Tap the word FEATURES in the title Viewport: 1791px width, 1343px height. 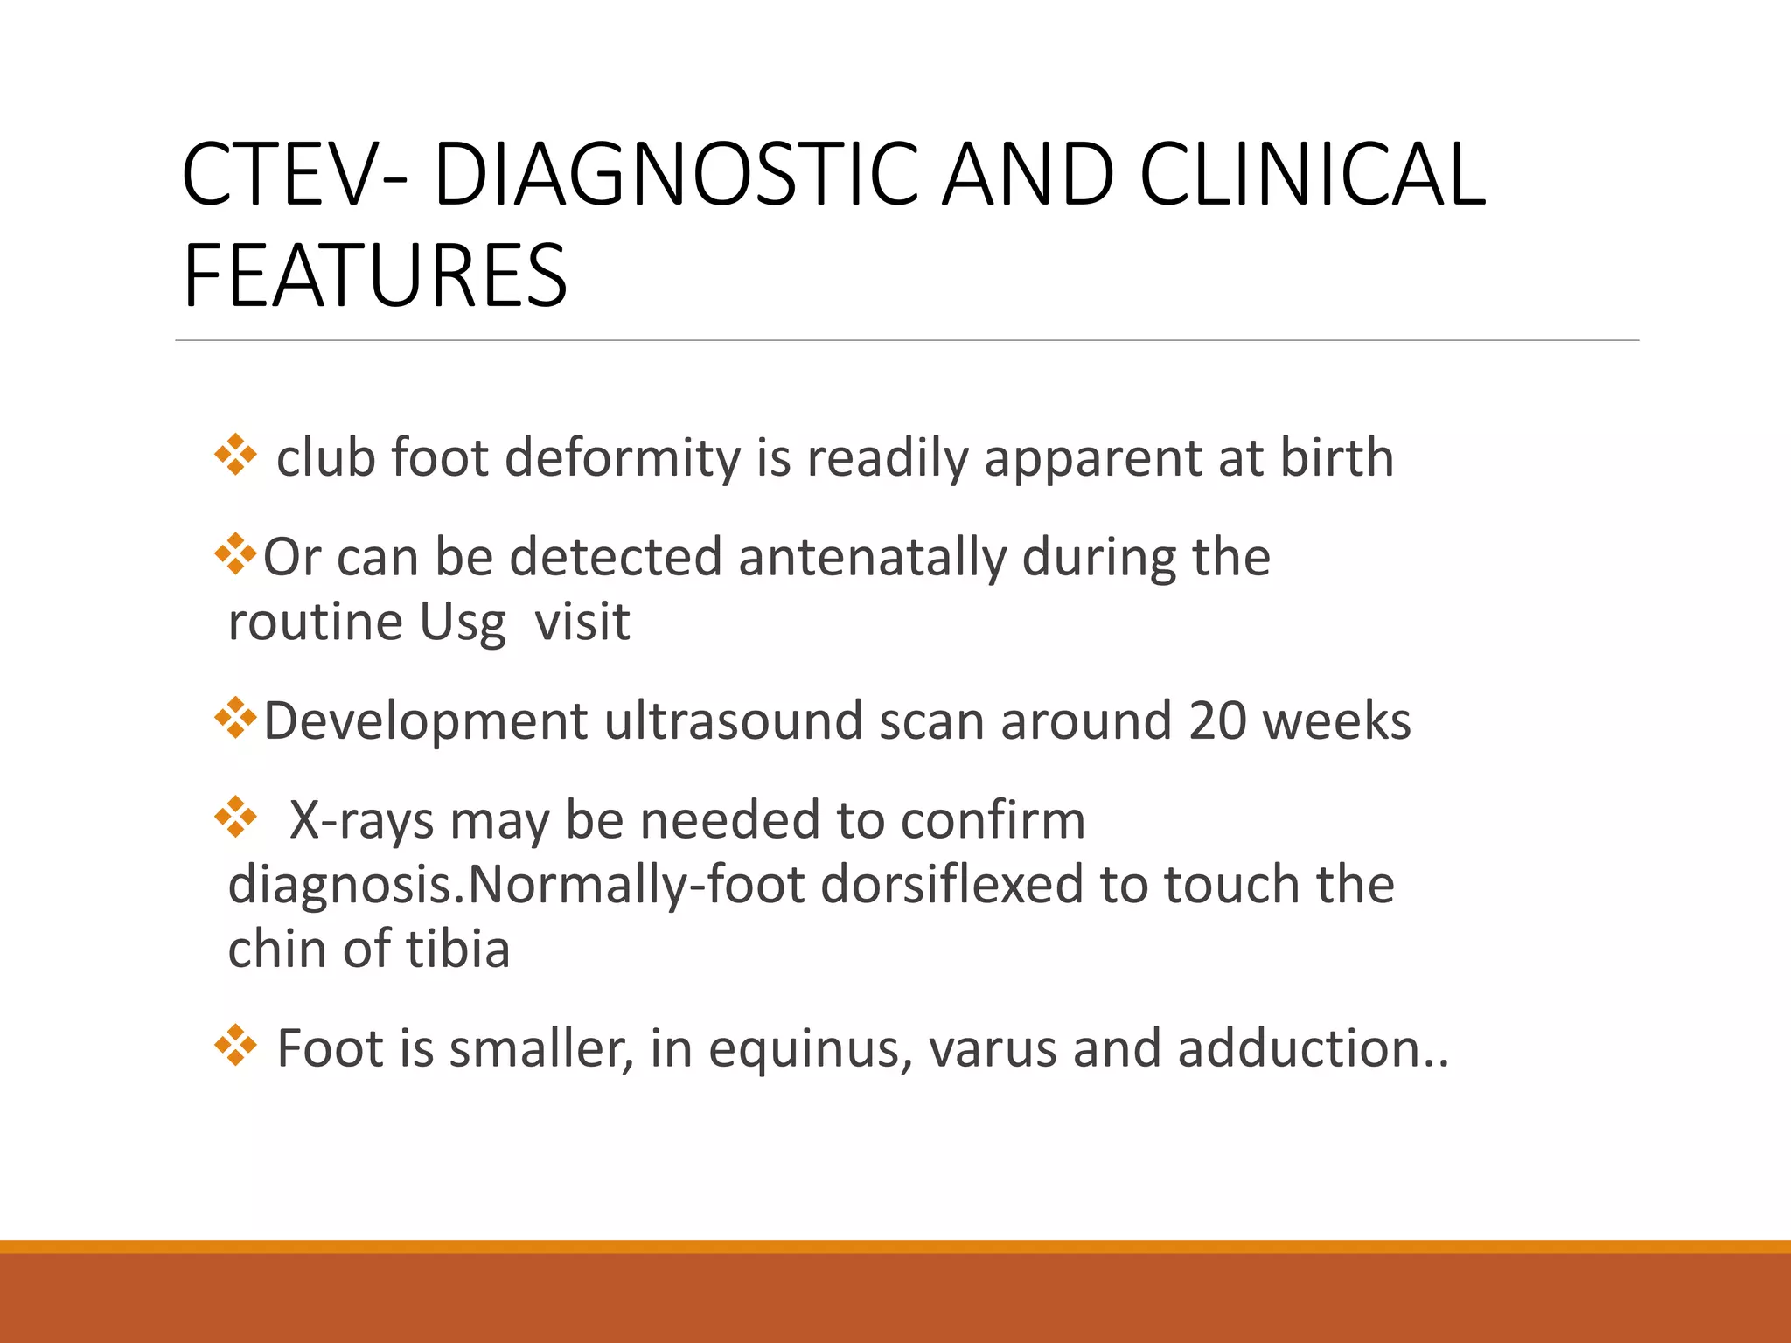375,276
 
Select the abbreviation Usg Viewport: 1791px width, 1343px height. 463,623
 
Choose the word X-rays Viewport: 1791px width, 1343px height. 361,821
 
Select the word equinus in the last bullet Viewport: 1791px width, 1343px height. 810,1049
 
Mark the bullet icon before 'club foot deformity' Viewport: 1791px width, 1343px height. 235,455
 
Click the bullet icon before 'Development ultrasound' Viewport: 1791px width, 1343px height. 235,718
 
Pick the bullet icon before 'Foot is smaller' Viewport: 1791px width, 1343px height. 235,1046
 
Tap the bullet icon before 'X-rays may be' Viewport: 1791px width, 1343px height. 235,818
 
